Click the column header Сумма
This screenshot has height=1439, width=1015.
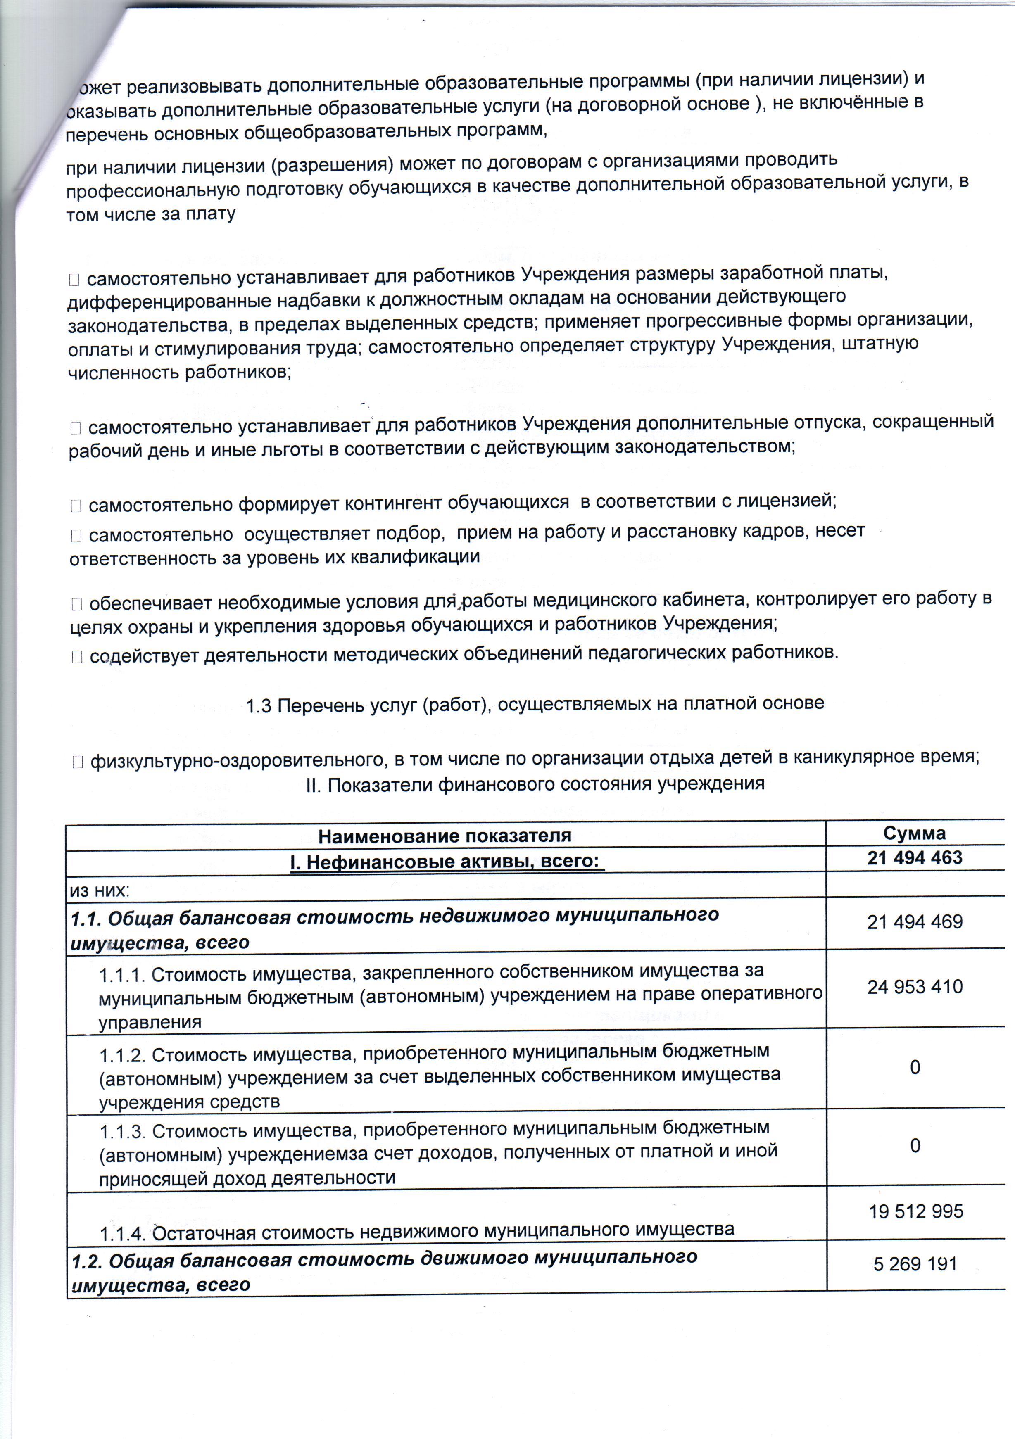click(x=914, y=833)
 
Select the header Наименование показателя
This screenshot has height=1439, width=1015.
click(x=445, y=836)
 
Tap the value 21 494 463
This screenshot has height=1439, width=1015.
click(x=914, y=857)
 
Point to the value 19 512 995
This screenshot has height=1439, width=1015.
click(x=915, y=1211)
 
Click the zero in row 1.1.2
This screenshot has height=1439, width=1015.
click(x=915, y=1067)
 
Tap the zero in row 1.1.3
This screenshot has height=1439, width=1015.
click(x=915, y=1146)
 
